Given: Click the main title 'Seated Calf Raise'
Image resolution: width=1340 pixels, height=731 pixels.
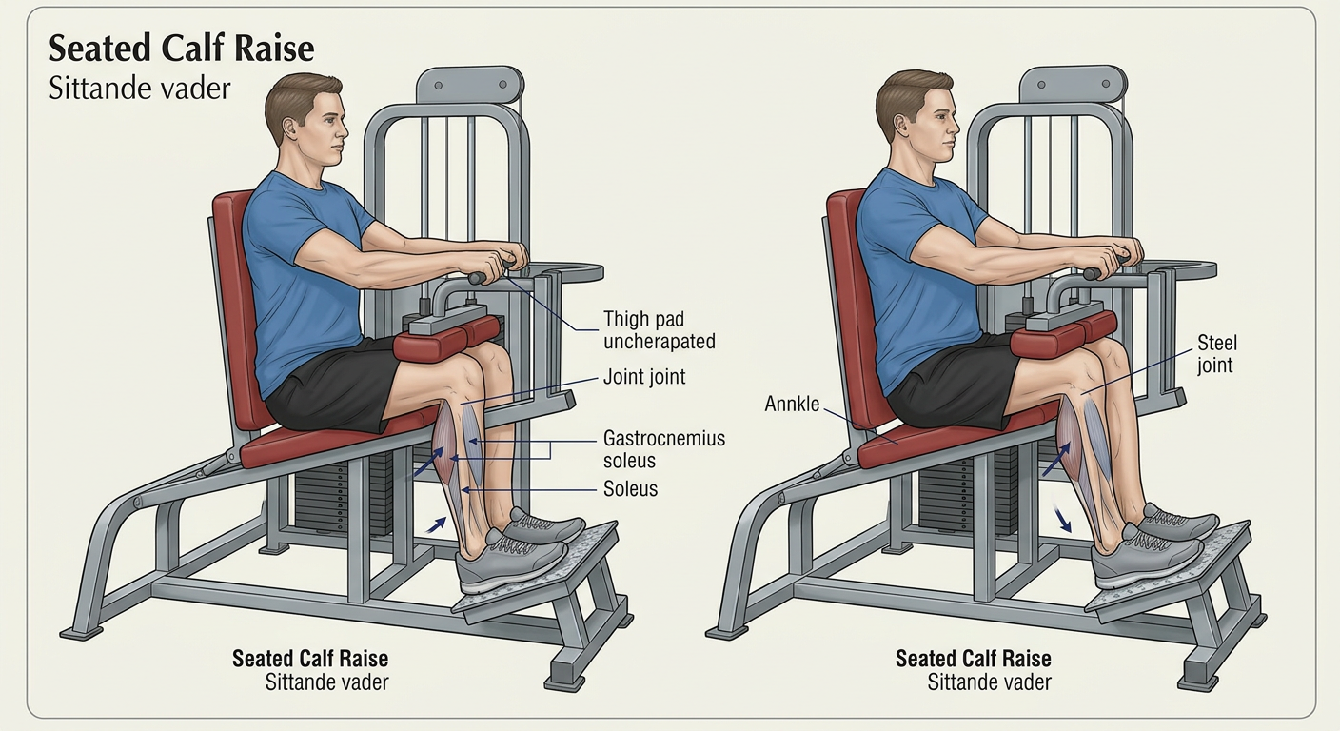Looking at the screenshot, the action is coord(181,49).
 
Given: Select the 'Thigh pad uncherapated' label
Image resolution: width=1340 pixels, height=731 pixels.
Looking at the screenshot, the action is coord(660,329).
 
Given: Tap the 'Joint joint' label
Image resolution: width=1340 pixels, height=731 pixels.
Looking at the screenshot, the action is coord(644,377).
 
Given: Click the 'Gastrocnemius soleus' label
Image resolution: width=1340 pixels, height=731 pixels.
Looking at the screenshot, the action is coord(664,449).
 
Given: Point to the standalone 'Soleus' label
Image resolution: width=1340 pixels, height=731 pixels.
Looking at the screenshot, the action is coord(631,488).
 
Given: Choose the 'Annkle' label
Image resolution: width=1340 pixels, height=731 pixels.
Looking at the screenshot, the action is coord(792,404).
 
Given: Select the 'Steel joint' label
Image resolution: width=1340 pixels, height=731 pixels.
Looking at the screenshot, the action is coord(1217,353).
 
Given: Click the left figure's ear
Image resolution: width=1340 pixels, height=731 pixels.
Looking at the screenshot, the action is coord(290,127).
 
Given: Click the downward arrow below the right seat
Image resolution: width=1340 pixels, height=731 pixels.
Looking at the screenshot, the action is coord(1062,521).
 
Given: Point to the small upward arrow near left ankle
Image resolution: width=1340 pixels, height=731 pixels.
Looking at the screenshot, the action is coord(436,524).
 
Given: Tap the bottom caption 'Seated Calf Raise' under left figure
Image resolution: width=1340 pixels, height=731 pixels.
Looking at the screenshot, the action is coord(310,659).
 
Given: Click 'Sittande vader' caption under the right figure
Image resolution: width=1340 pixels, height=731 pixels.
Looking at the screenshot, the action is coord(990,682).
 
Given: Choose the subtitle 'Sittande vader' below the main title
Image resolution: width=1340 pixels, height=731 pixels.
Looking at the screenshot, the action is coord(139,89).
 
